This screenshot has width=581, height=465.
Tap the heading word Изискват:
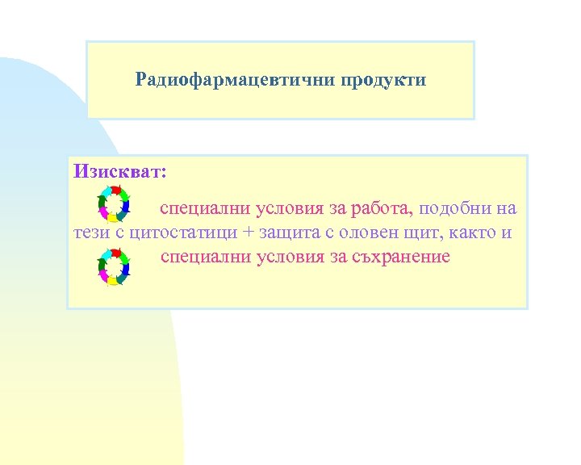pyautogui.click(x=120, y=171)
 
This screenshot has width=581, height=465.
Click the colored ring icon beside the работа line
pyautogui.click(x=113, y=204)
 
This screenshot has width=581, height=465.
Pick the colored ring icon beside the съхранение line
pyautogui.click(x=113, y=266)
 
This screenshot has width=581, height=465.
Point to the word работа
pyautogui.click(x=382, y=209)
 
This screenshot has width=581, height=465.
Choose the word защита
pyautogui.click(x=293, y=233)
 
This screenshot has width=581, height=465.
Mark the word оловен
pyautogui.click(x=379, y=233)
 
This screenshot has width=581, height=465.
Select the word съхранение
pyautogui.click(x=400, y=257)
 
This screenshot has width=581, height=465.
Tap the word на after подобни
pyautogui.click(x=507, y=209)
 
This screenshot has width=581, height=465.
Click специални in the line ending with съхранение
pyautogui.click(x=205, y=257)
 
